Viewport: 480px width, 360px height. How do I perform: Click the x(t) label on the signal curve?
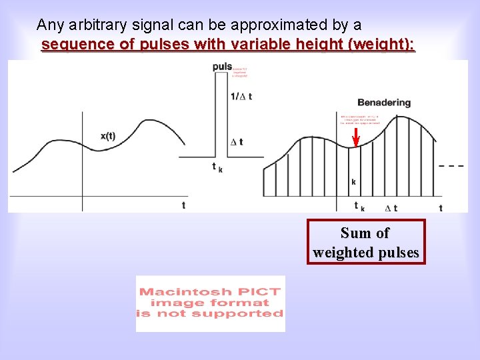108,136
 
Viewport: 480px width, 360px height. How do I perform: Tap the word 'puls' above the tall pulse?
222,67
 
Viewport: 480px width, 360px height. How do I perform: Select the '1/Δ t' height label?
241,97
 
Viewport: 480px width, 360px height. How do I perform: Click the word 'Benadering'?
384,103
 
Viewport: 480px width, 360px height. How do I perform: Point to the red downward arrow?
356,137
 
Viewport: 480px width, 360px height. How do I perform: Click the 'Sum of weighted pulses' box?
366,242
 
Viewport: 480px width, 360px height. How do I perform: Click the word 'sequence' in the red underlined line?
69,45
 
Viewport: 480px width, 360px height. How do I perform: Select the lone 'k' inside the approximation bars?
353,181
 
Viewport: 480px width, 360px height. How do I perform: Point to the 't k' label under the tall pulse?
217,167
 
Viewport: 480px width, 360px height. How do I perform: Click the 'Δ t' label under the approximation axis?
391,208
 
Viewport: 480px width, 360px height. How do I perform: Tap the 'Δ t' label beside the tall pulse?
237,142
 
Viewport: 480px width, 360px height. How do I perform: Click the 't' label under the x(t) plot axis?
183,205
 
